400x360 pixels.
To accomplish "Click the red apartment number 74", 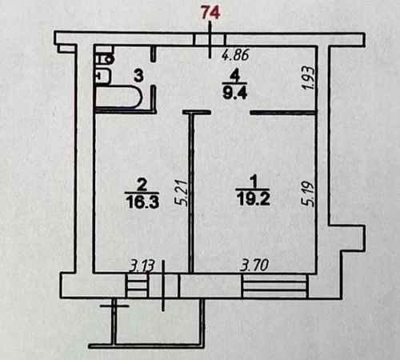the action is [211, 13].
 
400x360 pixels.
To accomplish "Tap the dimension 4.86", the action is [236, 55].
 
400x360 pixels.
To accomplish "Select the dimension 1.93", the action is [310, 78].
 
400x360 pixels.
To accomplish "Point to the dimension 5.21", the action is [182, 193].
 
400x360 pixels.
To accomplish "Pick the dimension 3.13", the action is [142, 266].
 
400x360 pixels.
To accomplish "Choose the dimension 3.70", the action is [254, 266].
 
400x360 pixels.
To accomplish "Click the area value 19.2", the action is [253, 199].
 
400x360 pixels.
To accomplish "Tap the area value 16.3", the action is [143, 202].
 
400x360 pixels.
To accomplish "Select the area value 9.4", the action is [236, 93].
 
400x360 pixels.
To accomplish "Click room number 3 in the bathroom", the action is [138, 75].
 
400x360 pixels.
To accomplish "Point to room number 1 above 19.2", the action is [254, 182].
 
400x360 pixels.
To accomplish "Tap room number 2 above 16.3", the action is [142, 185].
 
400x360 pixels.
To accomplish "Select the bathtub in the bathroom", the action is [119, 97].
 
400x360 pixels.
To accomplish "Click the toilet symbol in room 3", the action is [104, 58].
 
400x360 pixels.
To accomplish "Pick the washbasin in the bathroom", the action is [102, 76].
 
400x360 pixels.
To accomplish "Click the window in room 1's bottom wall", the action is [275, 286].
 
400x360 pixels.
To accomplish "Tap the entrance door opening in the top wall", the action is [210, 39].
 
